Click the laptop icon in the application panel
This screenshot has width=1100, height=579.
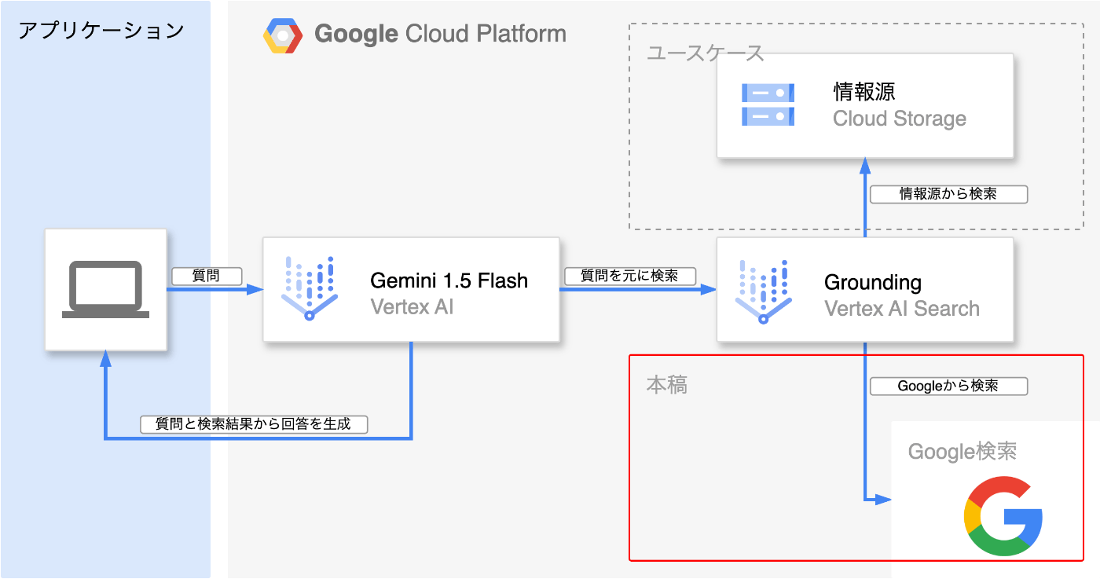tap(105, 289)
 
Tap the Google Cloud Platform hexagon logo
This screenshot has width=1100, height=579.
tap(283, 36)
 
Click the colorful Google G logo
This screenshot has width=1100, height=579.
tap(1003, 515)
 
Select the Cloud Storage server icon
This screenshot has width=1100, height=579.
tap(768, 104)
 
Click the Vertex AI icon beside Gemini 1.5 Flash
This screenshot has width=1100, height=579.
tap(310, 288)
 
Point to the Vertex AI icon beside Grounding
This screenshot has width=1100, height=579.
tap(763, 291)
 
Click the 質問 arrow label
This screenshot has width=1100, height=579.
tap(206, 276)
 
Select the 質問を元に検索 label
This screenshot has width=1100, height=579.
tap(630, 276)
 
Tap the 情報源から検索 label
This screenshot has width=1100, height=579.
tap(948, 194)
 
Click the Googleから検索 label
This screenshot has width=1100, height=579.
tap(948, 386)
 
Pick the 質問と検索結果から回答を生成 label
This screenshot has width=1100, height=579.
tap(254, 424)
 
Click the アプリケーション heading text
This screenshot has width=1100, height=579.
tap(101, 31)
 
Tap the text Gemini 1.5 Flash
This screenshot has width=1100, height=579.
tap(449, 280)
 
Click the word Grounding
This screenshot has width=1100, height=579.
tap(873, 282)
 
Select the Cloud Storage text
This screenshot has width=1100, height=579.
tap(899, 119)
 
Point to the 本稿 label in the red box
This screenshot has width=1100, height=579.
tap(666, 384)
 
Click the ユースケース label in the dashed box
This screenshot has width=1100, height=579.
tap(706, 53)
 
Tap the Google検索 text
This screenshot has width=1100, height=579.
tap(962, 451)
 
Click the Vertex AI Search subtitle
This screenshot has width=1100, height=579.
tap(902, 309)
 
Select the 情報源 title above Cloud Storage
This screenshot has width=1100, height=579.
tap(863, 92)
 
